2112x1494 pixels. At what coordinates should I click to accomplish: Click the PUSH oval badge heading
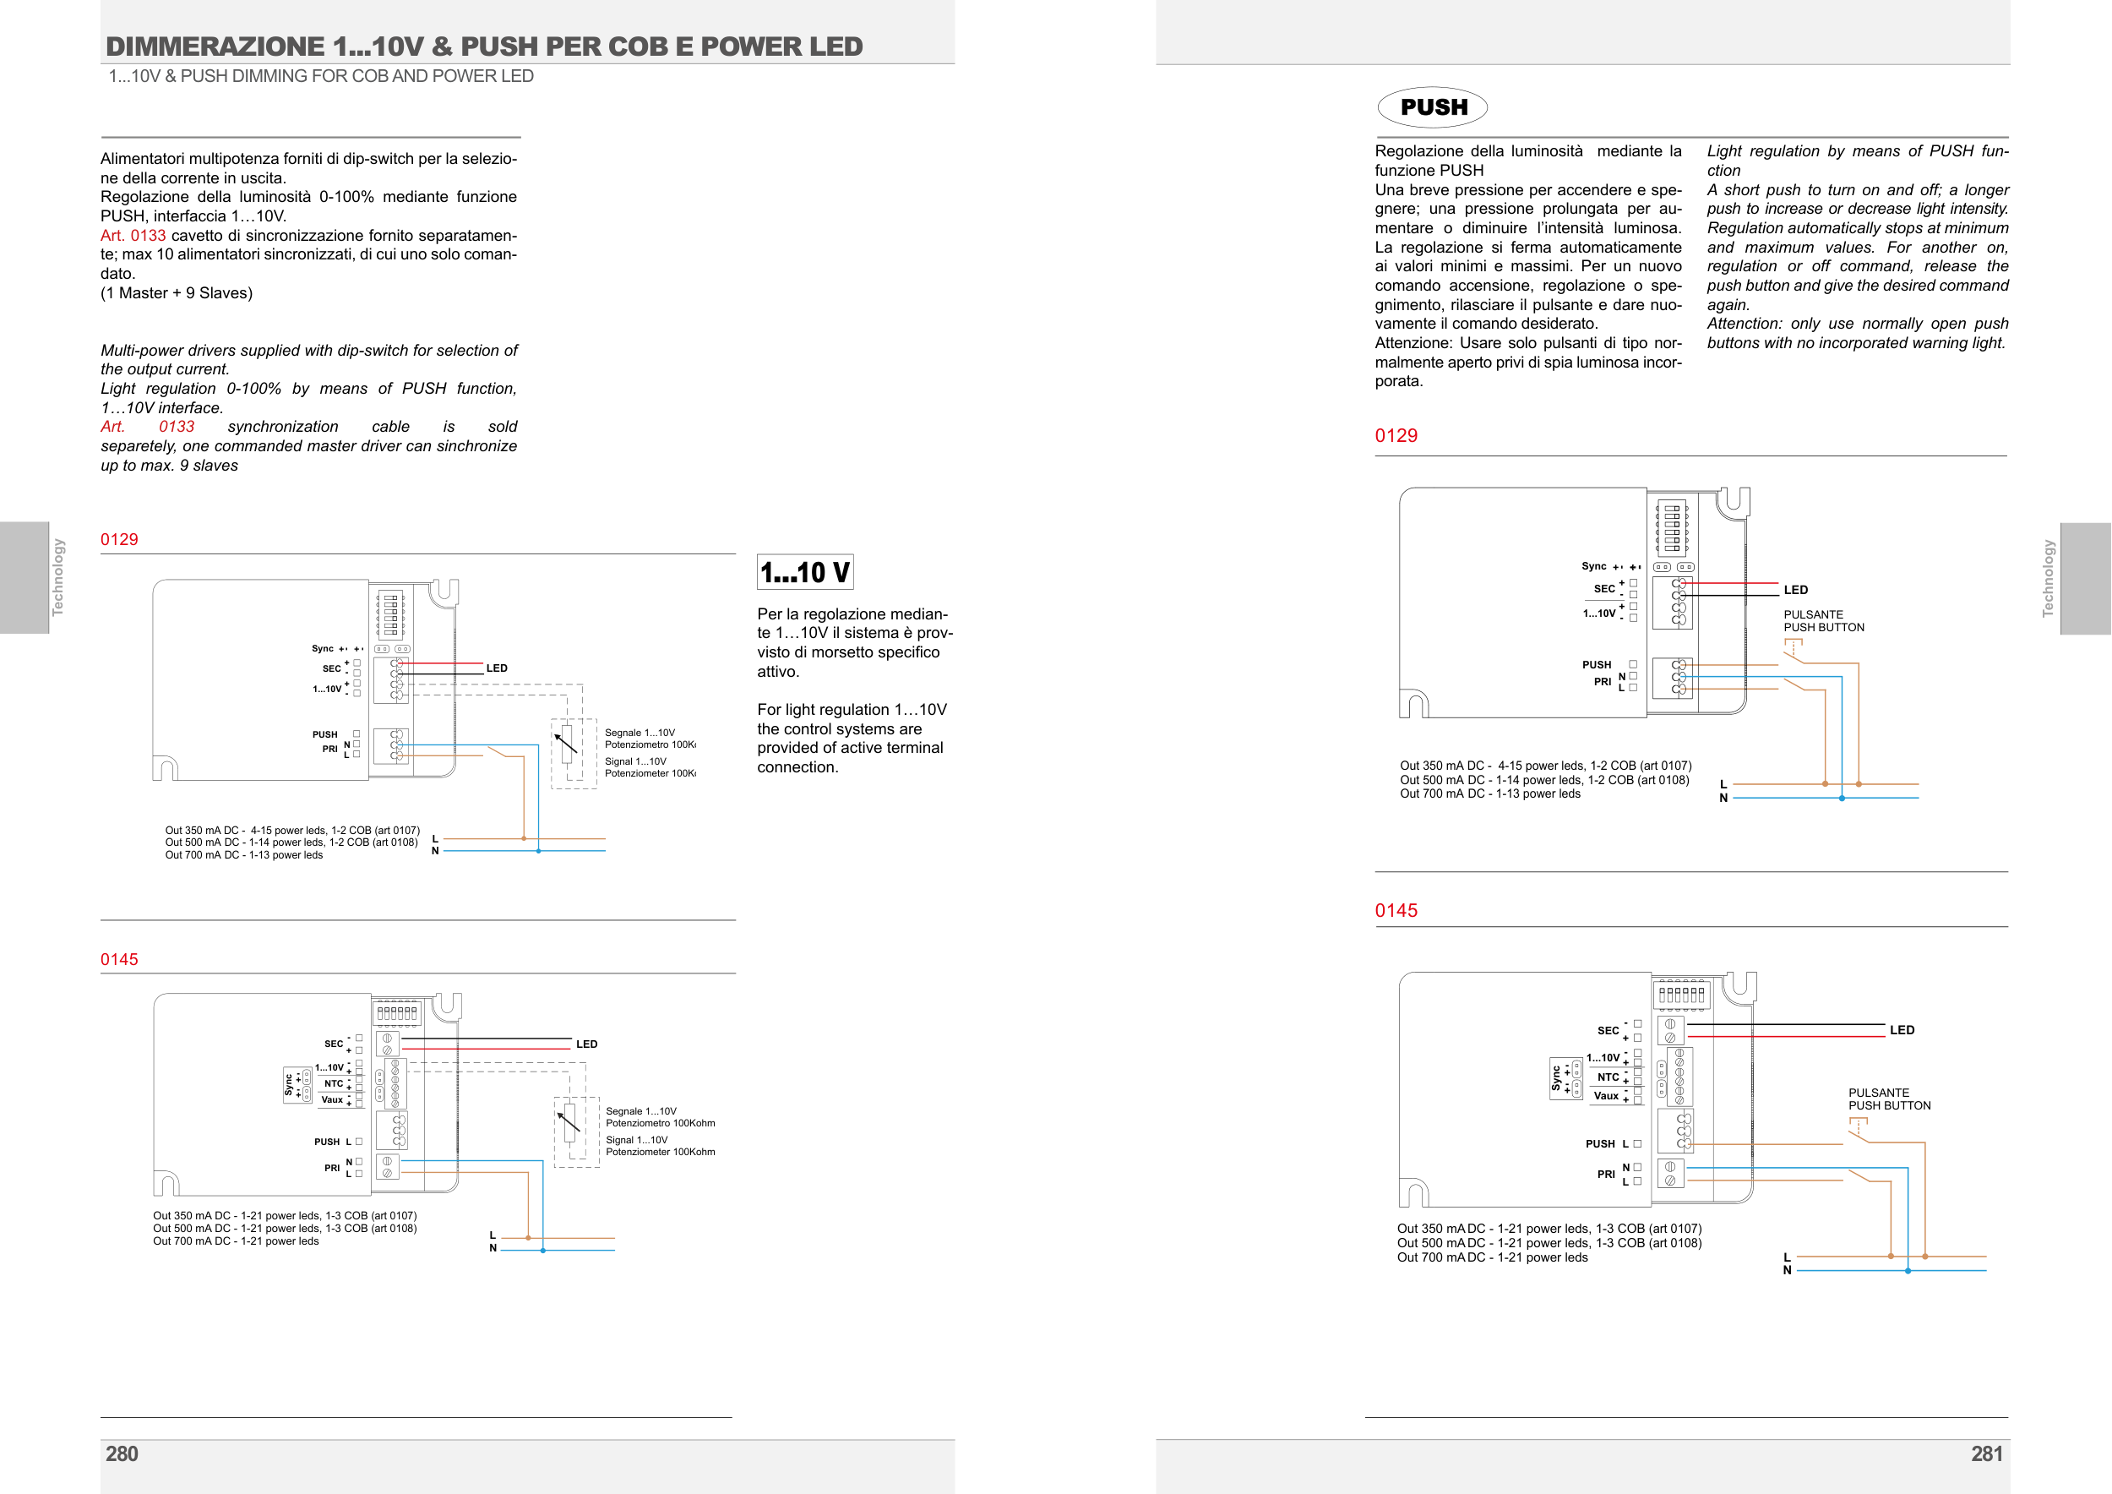(x=1432, y=107)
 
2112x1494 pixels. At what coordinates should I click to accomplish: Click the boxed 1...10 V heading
(x=804, y=572)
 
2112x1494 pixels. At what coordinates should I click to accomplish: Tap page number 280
(x=122, y=1453)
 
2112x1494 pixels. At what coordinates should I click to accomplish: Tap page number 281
(x=1986, y=1453)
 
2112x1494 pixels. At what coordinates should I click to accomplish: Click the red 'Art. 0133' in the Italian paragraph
(x=133, y=236)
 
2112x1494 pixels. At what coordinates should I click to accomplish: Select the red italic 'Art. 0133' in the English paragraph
(x=147, y=427)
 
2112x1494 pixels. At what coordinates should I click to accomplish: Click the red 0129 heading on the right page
(x=1396, y=436)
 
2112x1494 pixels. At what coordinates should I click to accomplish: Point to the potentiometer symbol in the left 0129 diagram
(x=567, y=743)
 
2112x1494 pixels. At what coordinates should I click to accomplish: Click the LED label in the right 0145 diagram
(x=1902, y=1030)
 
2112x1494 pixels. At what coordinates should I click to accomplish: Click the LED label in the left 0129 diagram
(x=497, y=668)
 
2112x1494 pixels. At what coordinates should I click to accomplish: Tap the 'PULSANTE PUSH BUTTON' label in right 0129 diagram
(x=1823, y=621)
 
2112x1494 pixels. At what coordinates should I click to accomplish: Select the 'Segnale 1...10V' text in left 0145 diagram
(x=640, y=1111)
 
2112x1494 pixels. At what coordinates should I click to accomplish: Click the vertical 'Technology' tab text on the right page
(x=2048, y=578)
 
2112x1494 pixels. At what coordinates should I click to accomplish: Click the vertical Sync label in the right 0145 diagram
(x=1555, y=1078)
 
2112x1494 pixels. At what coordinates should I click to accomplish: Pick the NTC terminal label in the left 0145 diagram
(x=333, y=1083)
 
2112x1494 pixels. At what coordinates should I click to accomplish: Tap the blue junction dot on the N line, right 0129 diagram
(x=1842, y=799)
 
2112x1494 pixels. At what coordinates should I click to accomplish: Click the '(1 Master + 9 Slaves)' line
(x=177, y=292)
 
